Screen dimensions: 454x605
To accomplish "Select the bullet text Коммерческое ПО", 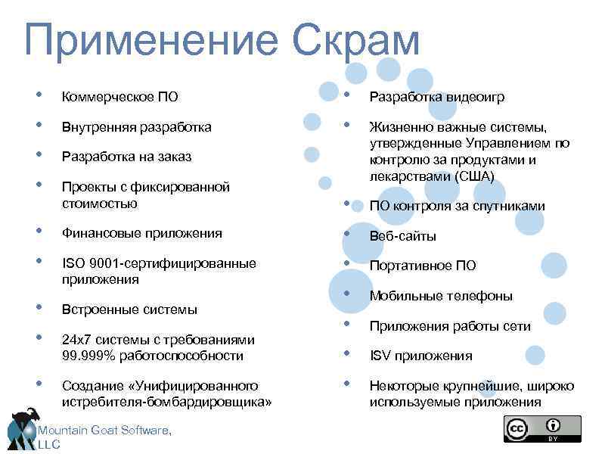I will (120, 97).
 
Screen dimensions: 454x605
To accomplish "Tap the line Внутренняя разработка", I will (137, 127).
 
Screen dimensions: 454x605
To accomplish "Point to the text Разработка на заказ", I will (127, 157).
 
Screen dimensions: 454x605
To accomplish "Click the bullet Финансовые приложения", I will (142, 233).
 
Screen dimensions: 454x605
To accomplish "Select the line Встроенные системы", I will (130, 309).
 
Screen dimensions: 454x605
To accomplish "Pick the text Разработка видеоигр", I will (437, 97).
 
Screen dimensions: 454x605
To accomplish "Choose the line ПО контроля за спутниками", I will (457, 206).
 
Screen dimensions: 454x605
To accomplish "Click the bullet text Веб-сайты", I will (402, 236).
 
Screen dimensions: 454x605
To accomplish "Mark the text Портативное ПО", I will (423, 266).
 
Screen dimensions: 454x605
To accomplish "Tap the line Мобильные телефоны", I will (441, 296).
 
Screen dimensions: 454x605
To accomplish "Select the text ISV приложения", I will (420, 356).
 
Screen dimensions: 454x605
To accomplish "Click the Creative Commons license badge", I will (542, 429).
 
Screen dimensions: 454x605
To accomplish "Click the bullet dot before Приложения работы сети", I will (346, 325).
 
